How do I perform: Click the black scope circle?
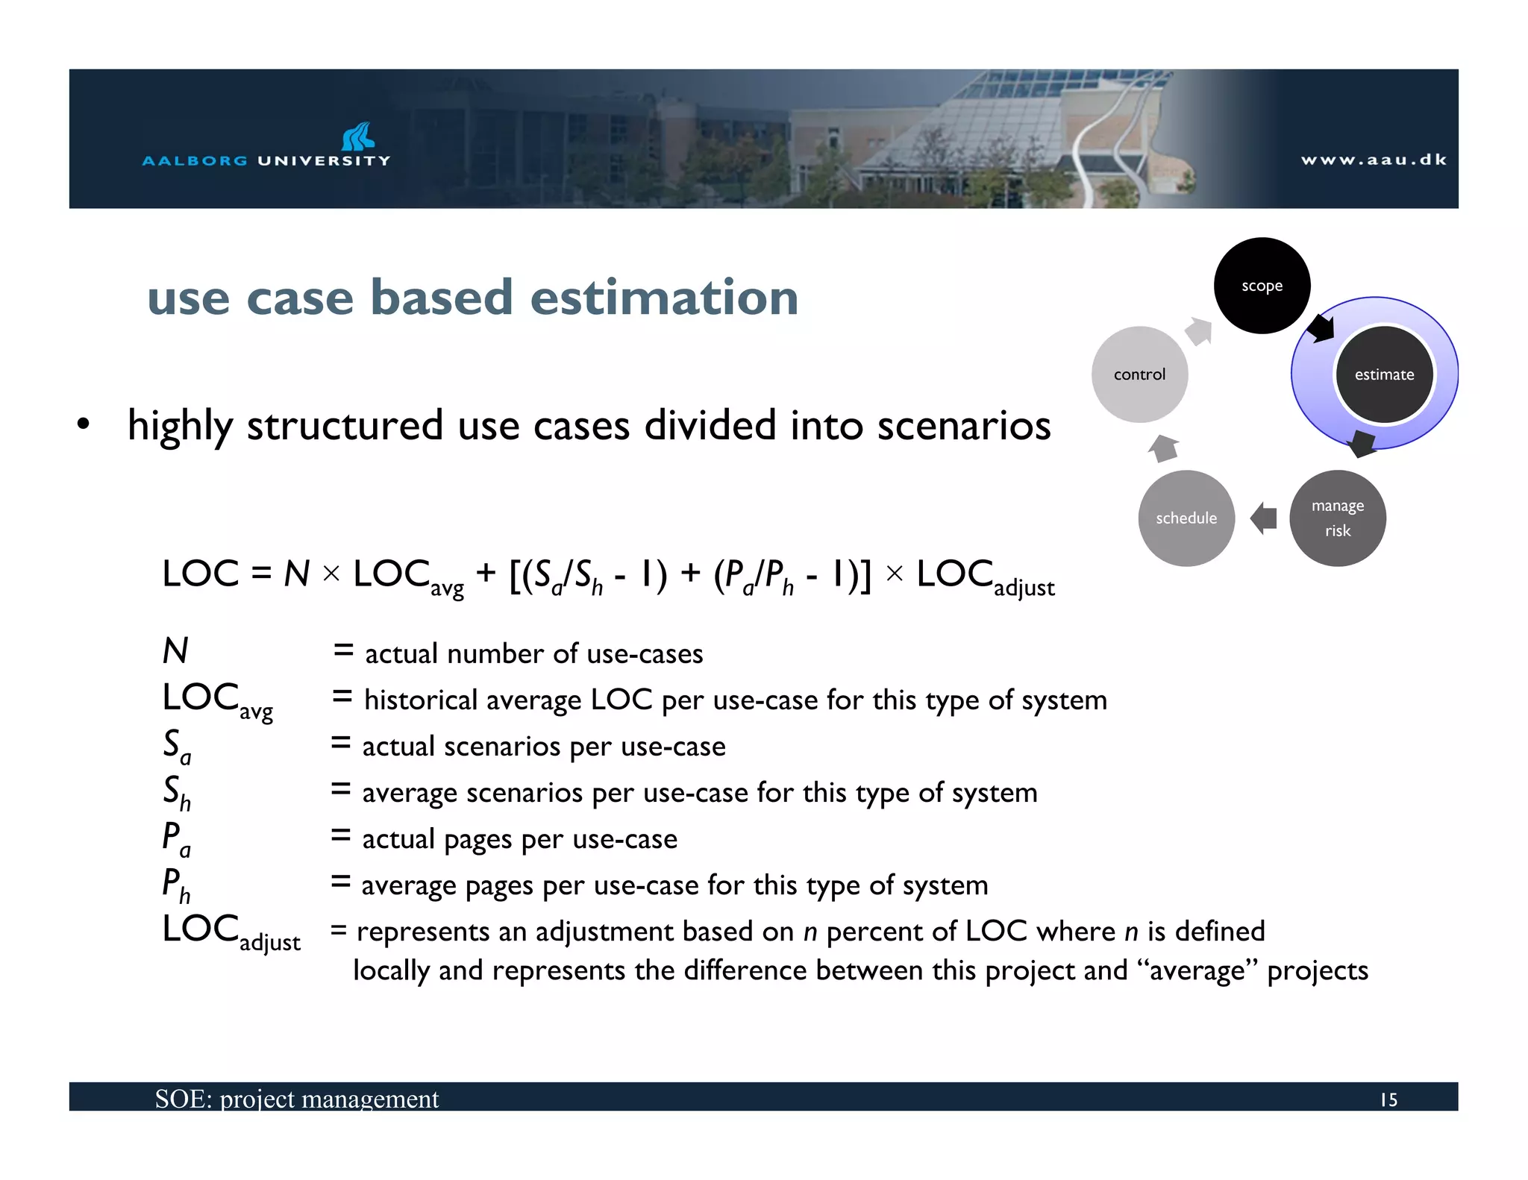pos(1262,286)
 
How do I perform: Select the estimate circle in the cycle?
pos(1384,374)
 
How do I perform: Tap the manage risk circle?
pos(1337,518)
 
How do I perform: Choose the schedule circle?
pos(1186,518)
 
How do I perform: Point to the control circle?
pos(1139,374)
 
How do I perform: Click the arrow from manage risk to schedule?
pos(1263,518)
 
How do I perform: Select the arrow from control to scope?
pos(1199,331)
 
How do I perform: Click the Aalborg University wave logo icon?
pos(357,136)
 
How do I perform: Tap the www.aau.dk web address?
pos(1374,160)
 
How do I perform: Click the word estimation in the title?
pos(664,298)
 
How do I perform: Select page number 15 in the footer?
pos(1388,1099)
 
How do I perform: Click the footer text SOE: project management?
pos(297,1099)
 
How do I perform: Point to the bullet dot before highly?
pos(83,424)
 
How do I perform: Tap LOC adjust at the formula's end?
pos(985,577)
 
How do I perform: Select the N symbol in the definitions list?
pos(175,650)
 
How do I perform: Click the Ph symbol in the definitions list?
pos(177,885)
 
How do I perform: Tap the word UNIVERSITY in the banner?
pos(324,160)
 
